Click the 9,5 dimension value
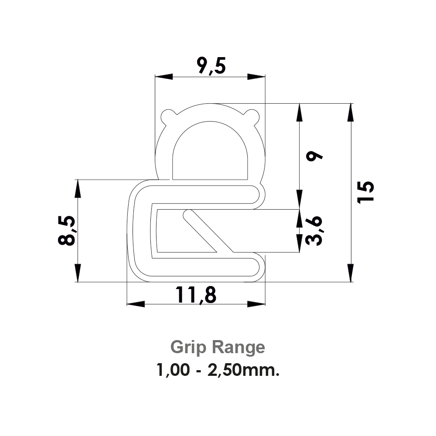(x=211, y=68)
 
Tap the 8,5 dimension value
(x=67, y=231)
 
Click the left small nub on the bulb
(x=168, y=116)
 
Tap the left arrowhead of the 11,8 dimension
(x=136, y=303)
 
